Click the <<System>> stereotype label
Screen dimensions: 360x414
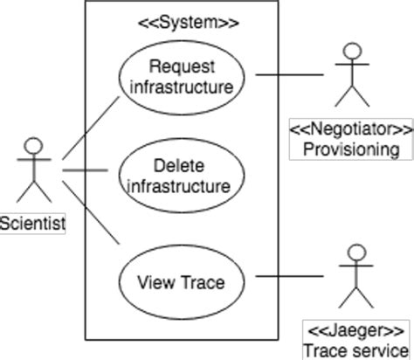190,22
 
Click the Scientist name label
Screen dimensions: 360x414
32,224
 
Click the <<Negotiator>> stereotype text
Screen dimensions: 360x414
351,130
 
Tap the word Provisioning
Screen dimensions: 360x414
351,149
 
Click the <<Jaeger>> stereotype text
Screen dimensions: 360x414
355,333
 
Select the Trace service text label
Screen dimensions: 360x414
355,351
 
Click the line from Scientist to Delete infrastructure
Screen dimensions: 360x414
84,169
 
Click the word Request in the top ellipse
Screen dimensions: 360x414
181,66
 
